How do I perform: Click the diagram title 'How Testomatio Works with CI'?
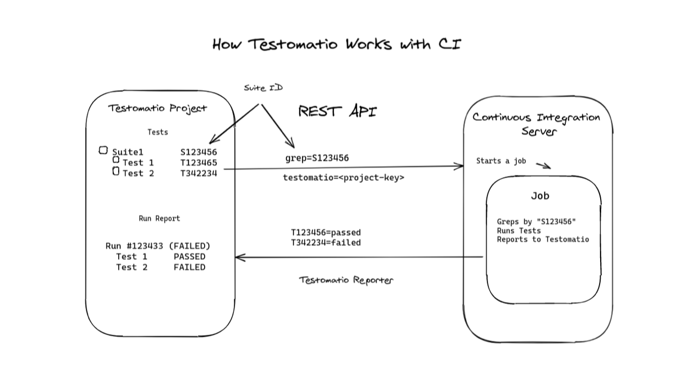coord(336,44)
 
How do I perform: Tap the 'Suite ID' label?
coord(263,88)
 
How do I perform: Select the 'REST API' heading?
coord(337,111)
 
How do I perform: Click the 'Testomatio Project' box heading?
coord(157,109)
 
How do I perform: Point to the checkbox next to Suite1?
coord(103,150)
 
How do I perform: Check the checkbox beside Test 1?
coord(116,160)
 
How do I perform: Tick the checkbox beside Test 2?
coord(116,171)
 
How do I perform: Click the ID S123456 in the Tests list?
coord(198,152)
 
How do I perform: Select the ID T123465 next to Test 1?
coord(198,163)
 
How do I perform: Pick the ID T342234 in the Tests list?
coord(198,173)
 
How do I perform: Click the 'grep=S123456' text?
coord(317,158)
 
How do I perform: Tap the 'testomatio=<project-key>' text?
coord(343,178)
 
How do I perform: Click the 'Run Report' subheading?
coord(159,218)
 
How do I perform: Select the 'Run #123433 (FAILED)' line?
coord(158,246)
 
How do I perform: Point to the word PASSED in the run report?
coord(189,257)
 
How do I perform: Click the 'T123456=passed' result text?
coord(325,233)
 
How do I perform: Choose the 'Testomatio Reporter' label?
coord(346,280)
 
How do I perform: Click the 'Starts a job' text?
coord(501,161)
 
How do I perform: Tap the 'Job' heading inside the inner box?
coord(540,196)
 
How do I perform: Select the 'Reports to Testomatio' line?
coord(542,240)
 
